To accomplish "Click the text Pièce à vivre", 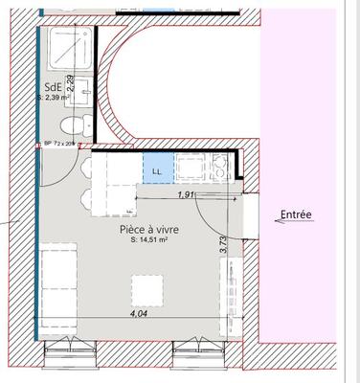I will coord(148,231).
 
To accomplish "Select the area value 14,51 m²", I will coord(149,241).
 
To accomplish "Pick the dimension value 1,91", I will coord(188,195).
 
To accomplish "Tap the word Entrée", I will coord(296,215).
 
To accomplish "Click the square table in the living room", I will coord(146,290).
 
